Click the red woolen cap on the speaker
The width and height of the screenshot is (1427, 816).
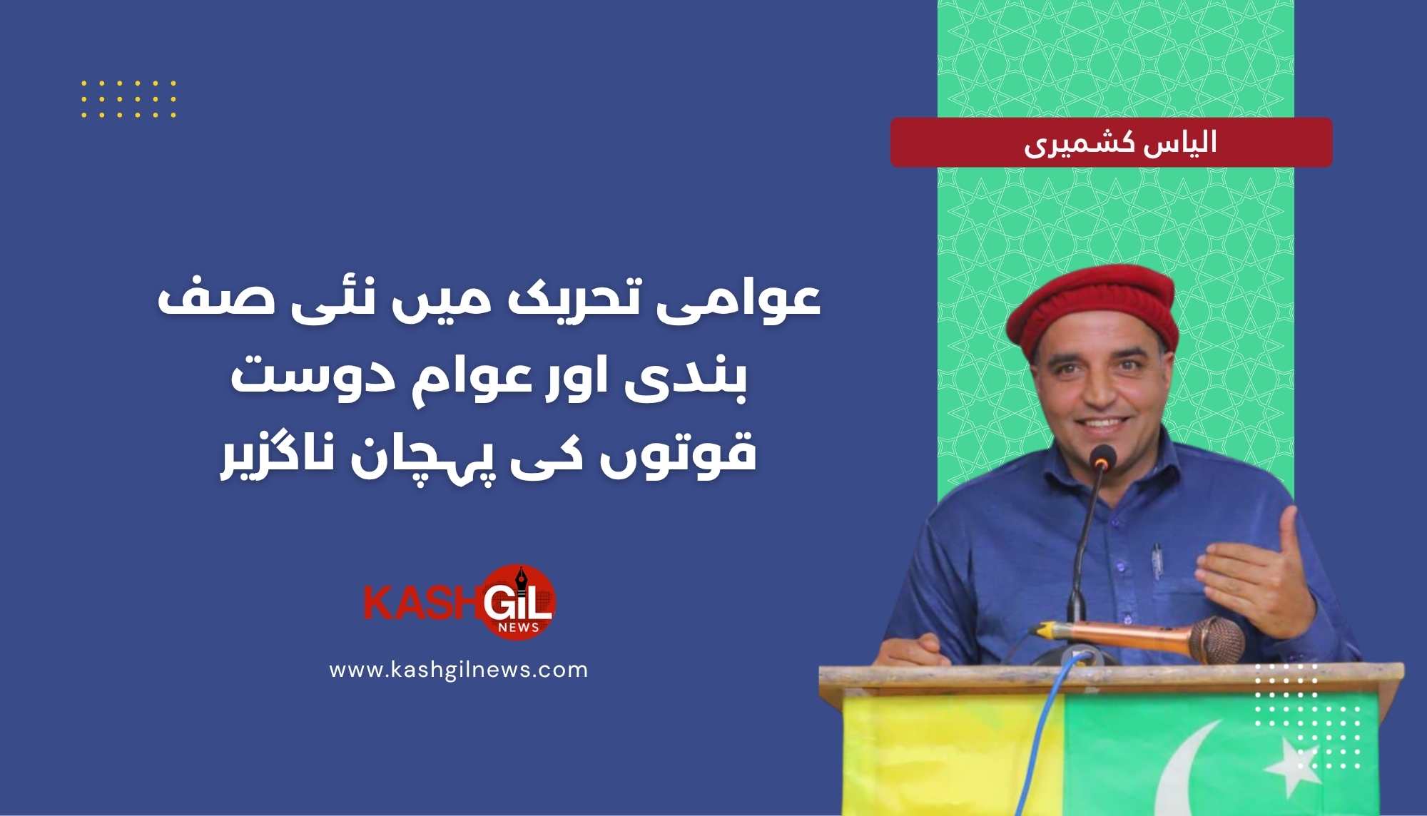tap(1092, 310)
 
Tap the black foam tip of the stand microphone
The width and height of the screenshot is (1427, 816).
tap(1102, 457)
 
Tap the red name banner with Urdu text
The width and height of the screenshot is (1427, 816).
tap(1111, 143)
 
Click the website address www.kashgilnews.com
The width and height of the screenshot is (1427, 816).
tap(458, 670)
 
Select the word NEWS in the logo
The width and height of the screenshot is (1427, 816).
tap(519, 628)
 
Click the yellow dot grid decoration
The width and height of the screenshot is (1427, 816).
tap(128, 98)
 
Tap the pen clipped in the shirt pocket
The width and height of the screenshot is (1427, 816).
tap(1157, 560)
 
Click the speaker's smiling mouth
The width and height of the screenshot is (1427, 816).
tap(1103, 423)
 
